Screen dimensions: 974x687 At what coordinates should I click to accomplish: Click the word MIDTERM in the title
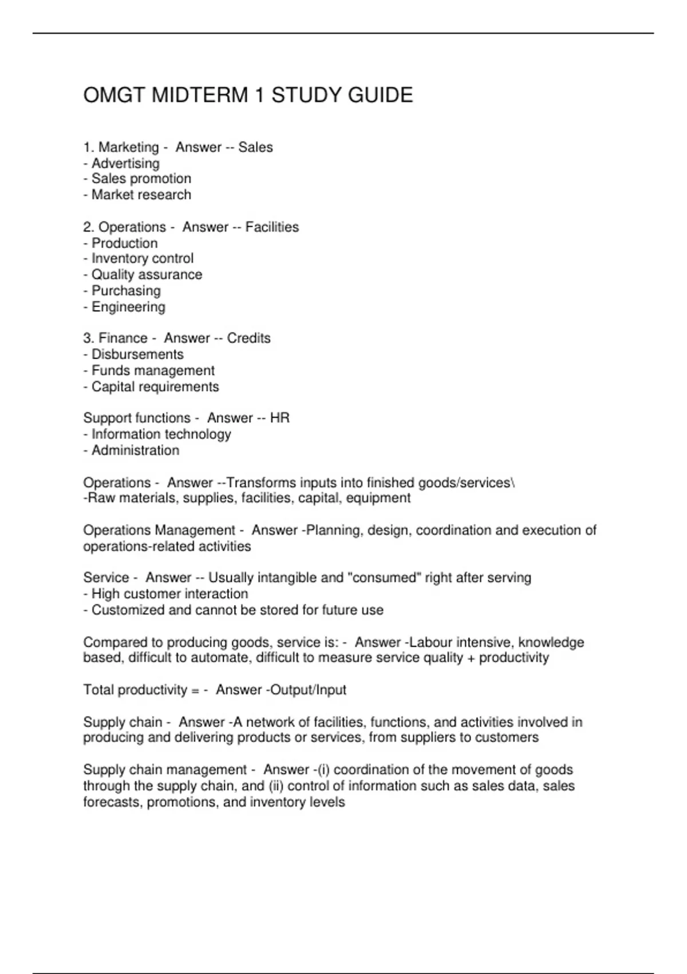pyautogui.click(x=200, y=95)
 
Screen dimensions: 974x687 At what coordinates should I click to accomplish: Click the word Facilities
pyautogui.click(x=272, y=227)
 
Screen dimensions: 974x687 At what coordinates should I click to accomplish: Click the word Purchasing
pyautogui.click(x=126, y=290)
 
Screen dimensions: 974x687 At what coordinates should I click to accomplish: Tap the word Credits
pyautogui.click(x=248, y=338)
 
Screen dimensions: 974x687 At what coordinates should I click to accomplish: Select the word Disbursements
pyautogui.click(x=137, y=354)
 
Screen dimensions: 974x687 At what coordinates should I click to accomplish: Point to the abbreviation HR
pyautogui.click(x=280, y=418)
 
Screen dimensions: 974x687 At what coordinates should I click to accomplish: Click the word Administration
pyautogui.click(x=135, y=450)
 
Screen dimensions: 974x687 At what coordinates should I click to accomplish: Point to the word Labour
pyautogui.click(x=431, y=642)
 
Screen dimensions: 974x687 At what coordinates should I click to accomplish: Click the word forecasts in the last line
pyautogui.click(x=112, y=802)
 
